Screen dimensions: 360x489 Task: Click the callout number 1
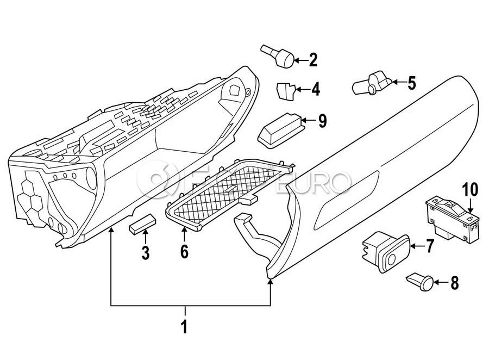coord(184,327)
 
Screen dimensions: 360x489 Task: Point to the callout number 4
coord(315,89)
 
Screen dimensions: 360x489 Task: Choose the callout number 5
coord(411,83)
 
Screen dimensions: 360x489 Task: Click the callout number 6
coord(184,252)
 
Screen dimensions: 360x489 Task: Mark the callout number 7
coord(430,246)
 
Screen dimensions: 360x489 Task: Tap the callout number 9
coord(322,121)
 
